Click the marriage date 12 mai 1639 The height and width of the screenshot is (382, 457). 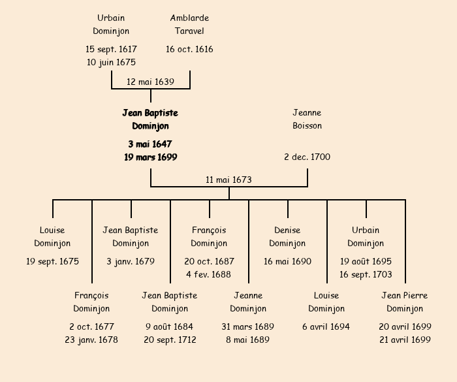150,82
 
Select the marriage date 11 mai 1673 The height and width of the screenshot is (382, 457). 228,180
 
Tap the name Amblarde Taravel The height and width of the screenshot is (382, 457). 189,25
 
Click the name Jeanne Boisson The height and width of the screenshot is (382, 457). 307,119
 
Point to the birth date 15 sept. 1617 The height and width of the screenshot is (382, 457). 111,50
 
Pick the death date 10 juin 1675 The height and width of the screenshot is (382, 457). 111,63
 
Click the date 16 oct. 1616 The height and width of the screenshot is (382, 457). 189,50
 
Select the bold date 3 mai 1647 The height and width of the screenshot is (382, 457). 150,144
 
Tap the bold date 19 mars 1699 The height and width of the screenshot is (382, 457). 150,157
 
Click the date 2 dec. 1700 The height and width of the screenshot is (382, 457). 307,157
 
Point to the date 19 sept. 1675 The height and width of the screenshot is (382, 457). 52,262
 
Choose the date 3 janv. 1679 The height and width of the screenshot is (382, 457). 131,262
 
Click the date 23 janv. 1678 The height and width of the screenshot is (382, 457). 91,340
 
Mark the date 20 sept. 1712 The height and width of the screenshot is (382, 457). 170,340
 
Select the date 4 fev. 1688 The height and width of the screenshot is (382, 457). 209,275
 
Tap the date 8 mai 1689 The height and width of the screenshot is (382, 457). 248,340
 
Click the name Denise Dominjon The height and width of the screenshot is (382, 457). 287,237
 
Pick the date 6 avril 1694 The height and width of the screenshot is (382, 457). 326,327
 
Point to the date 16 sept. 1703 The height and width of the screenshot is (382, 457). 366,275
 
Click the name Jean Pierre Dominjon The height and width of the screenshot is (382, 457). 405,302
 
